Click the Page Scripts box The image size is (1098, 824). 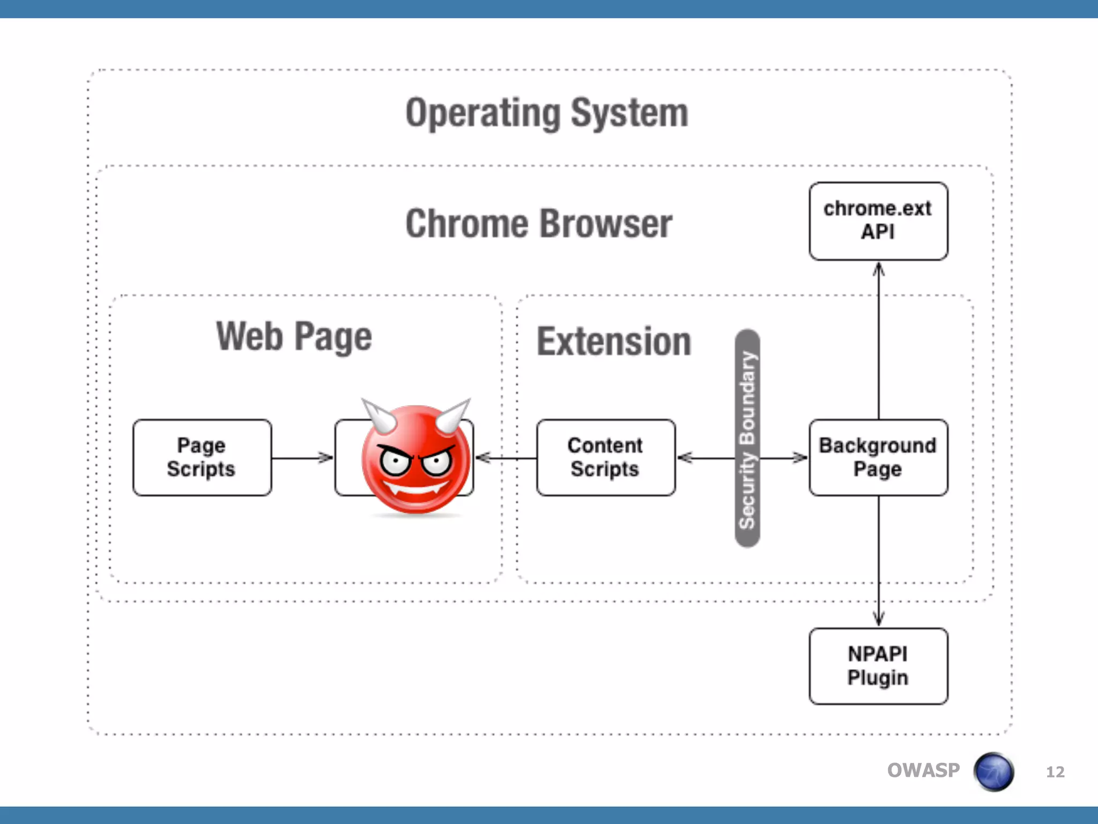click(202, 458)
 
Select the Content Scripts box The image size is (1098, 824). click(606, 458)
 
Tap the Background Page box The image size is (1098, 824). click(878, 458)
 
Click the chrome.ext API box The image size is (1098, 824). click(878, 221)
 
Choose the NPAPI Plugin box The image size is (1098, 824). click(878, 666)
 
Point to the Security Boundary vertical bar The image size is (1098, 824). click(747, 439)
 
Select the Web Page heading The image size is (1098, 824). click(294, 337)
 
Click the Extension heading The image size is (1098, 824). click(614, 342)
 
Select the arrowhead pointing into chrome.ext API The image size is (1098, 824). click(878, 268)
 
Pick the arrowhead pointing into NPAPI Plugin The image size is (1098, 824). click(878, 620)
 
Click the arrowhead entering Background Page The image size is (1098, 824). click(800, 458)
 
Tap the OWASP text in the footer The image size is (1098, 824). click(923, 770)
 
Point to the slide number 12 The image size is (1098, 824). click(1055, 772)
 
